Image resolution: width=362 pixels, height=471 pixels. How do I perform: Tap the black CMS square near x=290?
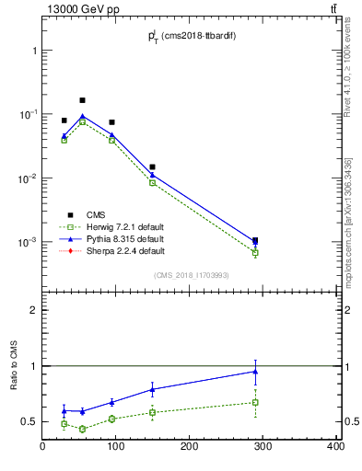click(x=255, y=241)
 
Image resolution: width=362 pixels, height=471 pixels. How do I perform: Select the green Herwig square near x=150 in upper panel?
click(x=152, y=183)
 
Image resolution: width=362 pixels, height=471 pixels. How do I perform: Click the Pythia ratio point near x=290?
click(x=255, y=372)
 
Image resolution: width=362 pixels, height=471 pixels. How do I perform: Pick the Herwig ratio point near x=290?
click(x=255, y=402)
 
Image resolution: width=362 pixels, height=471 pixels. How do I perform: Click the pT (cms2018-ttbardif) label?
click(x=190, y=35)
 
